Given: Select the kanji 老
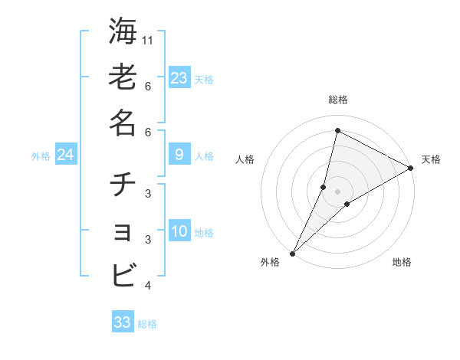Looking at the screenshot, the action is coord(123,77).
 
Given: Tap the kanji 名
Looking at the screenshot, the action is coord(123,123).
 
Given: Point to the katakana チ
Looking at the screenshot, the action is coord(123,185).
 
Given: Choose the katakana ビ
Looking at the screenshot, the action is coord(123,274).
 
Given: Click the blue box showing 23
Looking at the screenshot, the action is coord(179,77).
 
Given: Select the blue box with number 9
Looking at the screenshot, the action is coord(179,155).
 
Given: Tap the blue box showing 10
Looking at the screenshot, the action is coord(179,231).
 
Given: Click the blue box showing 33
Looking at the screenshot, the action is coord(123,322).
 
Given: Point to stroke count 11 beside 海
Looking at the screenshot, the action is coord(149,39).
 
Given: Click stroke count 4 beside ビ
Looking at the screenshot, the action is coord(148,286).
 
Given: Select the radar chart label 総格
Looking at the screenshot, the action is coord(338,100).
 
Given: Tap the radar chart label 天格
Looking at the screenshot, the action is coord(431,159).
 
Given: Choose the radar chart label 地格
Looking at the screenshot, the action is coord(402,262).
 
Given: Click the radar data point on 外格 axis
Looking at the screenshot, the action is coord(292,253).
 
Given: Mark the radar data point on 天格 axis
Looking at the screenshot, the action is coord(411,168).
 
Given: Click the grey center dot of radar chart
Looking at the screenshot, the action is coord(338,191).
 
